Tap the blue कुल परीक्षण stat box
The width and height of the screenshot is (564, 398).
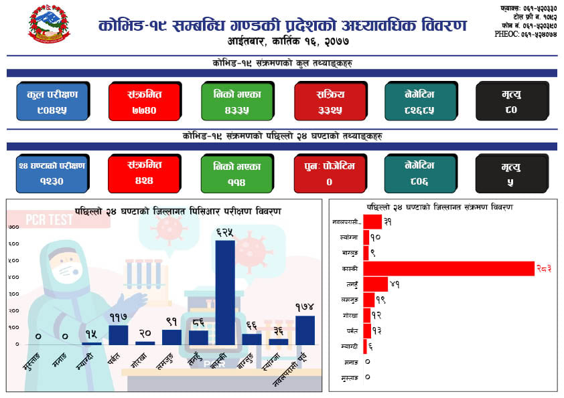[x=53, y=102]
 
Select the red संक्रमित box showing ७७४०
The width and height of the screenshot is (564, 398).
[x=145, y=102]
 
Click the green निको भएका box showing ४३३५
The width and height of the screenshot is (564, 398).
[x=237, y=102]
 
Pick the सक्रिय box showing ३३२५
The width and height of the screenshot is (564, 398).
[x=330, y=102]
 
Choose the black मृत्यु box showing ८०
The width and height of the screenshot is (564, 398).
[x=512, y=102]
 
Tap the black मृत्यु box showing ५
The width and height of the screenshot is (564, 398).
[x=512, y=174]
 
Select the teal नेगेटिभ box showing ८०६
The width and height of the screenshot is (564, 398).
[x=421, y=174]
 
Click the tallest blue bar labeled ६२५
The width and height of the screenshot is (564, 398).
[x=225, y=292]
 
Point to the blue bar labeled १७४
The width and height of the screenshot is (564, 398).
[x=305, y=330]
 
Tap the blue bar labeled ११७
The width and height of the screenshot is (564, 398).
[x=119, y=334]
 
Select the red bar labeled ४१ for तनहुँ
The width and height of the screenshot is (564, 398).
[x=375, y=284]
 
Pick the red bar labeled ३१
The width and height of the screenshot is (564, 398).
[x=372, y=221]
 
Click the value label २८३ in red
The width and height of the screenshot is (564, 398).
[x=545, y=269]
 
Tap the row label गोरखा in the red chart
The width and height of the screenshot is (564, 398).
[x=349, y=315]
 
